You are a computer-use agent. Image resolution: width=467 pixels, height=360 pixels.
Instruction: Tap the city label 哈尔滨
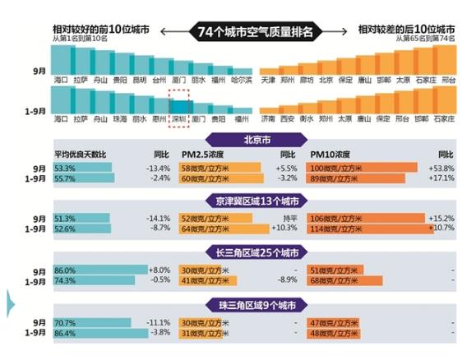[241, 80]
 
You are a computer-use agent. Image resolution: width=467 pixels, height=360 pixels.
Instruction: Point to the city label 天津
[268, 80]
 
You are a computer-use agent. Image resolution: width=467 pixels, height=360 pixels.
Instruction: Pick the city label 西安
[287, 119]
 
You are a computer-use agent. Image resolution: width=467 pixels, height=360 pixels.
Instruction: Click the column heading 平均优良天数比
[81, 154]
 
